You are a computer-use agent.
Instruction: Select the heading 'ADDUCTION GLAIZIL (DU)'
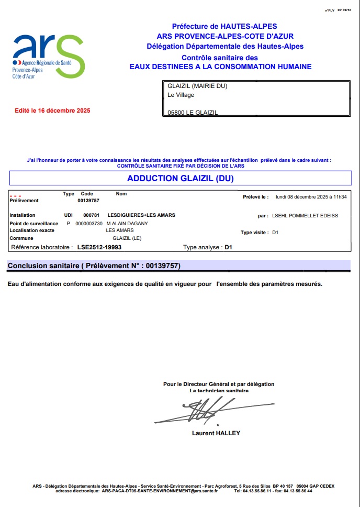click(x=180, y=179)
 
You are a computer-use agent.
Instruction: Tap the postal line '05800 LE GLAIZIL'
click(x=193, y=113)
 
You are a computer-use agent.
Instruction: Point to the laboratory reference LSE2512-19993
click(x=99, y=247)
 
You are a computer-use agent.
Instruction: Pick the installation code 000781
click(x=91, y=215)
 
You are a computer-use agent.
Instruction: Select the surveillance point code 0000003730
click(x=89, y=224)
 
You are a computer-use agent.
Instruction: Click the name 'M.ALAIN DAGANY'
click(x=127, y=224)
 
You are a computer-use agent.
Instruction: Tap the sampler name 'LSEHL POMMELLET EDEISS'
click(x=305, y=215)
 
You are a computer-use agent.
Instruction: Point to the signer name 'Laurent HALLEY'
click(x=216, y=433)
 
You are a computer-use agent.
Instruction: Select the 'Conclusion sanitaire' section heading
click(x=94, y=266)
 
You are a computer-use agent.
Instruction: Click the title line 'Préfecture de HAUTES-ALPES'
click(x=224, y=26)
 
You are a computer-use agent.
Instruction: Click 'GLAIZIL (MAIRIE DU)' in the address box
click(x=197, y=86)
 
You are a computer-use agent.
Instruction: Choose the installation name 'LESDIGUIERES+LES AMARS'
click(x=141, y=215)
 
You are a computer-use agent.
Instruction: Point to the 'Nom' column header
click(x=121, y=194)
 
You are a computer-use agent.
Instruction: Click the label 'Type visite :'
click(x=255, y=233)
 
